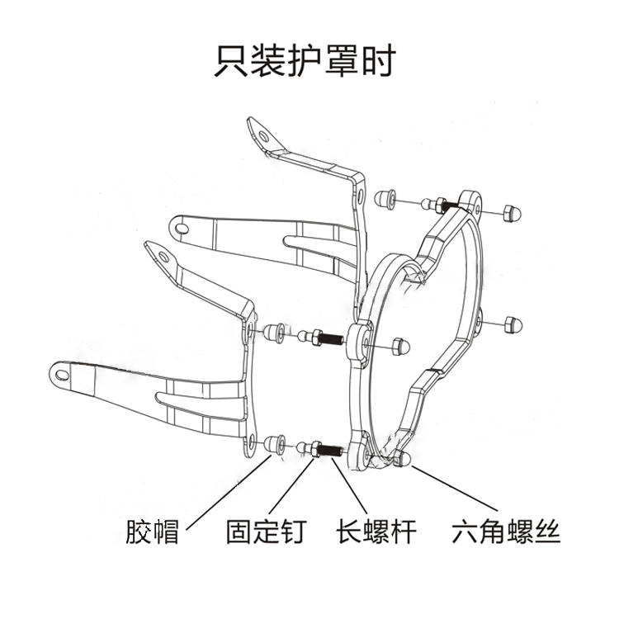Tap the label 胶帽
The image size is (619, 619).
pyautogui.click(x=152, y=531)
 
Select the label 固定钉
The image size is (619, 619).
pyautogui.click(x=266, y=531)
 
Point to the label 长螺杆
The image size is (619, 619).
pyautogui.click(x=376, y=531)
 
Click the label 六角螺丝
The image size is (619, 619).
pyautogui.click(x=506, y=531)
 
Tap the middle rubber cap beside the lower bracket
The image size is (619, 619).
pyautogui.click(x=275, y=332)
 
